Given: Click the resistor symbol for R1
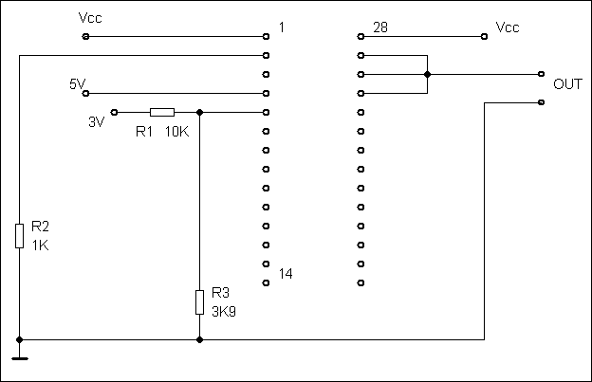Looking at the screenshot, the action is (x=162, y=112).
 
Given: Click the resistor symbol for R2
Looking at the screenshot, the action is (x=19, y=235).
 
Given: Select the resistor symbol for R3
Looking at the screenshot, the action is (x=199, y=301).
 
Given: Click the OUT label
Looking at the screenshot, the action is (x=567, y=84).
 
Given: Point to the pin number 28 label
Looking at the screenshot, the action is (x=379, y=27).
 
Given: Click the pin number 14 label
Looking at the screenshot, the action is (x=286, y=274).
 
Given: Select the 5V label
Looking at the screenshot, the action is (x=78, y=84).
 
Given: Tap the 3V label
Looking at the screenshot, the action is (x=96, y=122).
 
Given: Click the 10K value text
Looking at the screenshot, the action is (x=177, y=132).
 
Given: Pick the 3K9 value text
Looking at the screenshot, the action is (x=224, y=309).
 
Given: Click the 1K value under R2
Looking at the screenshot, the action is (x=40, y=245).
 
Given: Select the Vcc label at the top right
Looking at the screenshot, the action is (x=509, y=27).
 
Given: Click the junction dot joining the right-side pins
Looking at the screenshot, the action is (x=428, y=74).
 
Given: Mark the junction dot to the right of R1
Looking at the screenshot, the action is (x=199, y=112).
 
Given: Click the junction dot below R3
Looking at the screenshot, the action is (x=199, y=338).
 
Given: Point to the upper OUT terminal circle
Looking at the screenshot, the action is (x=541, y=74).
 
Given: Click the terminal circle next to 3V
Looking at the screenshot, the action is (x=115, y=112).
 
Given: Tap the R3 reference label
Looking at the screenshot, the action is (x=220, y=293).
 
